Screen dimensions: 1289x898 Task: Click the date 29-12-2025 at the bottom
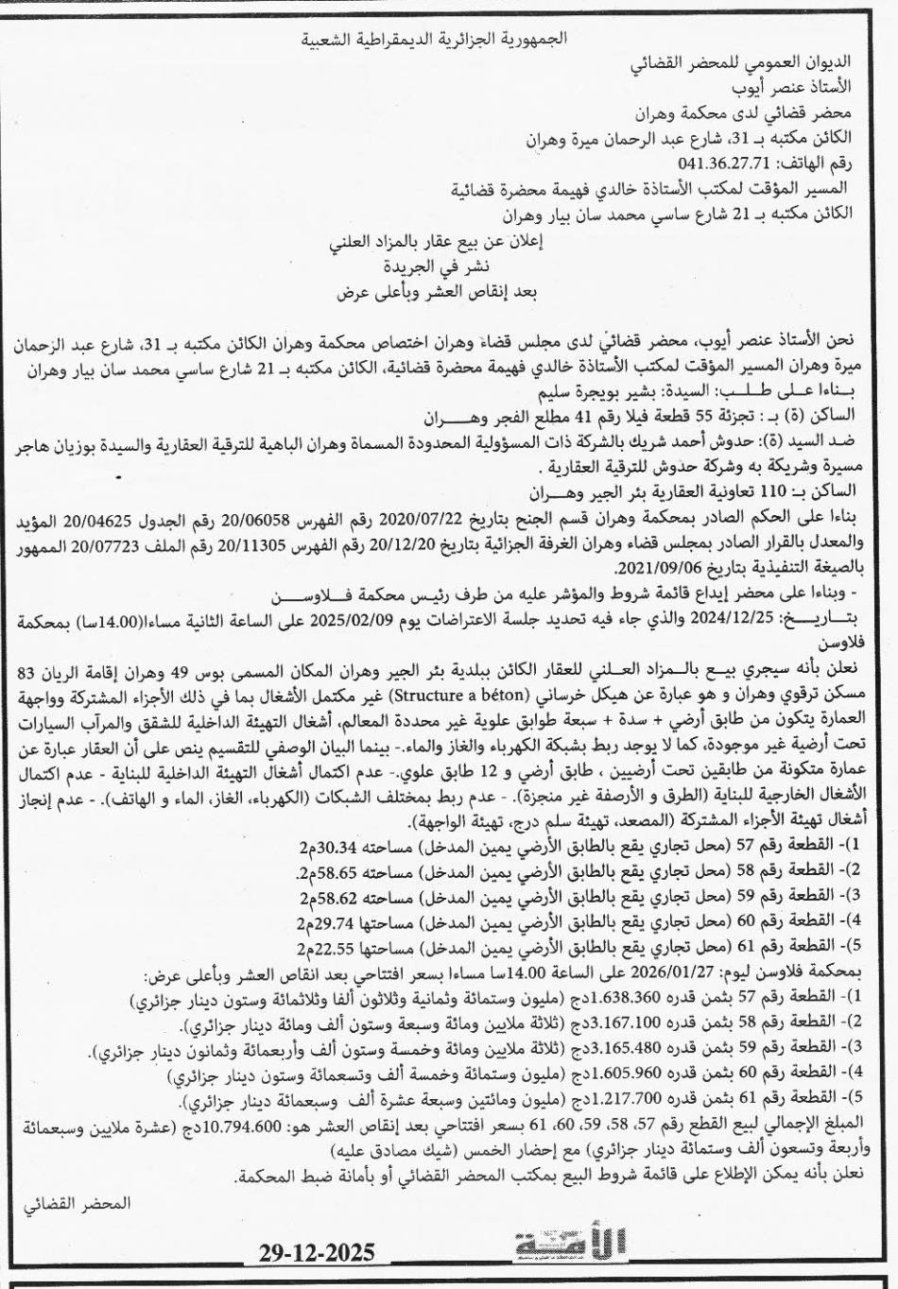tap(317, 1252)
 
